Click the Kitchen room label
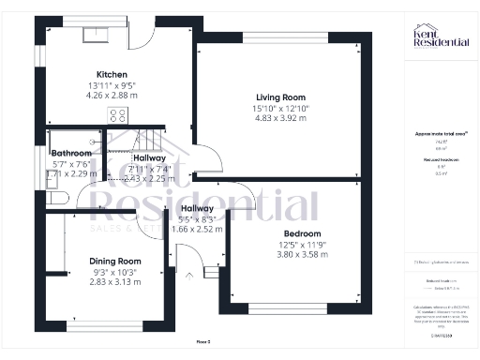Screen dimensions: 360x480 112,75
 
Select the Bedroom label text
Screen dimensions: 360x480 302,233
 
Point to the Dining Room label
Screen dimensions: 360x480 114,261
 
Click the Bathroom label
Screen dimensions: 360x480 71,153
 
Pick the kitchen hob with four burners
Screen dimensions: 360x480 119,115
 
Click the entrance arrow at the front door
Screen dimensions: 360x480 190,275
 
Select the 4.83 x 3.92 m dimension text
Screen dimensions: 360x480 282,119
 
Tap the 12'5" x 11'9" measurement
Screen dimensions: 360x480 302,245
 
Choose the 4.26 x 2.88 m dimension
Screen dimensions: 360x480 112,96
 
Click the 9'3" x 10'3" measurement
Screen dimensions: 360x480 114,272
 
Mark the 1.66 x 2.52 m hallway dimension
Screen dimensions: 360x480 198,228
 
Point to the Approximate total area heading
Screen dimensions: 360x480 441,134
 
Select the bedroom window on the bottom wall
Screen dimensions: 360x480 288,307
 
